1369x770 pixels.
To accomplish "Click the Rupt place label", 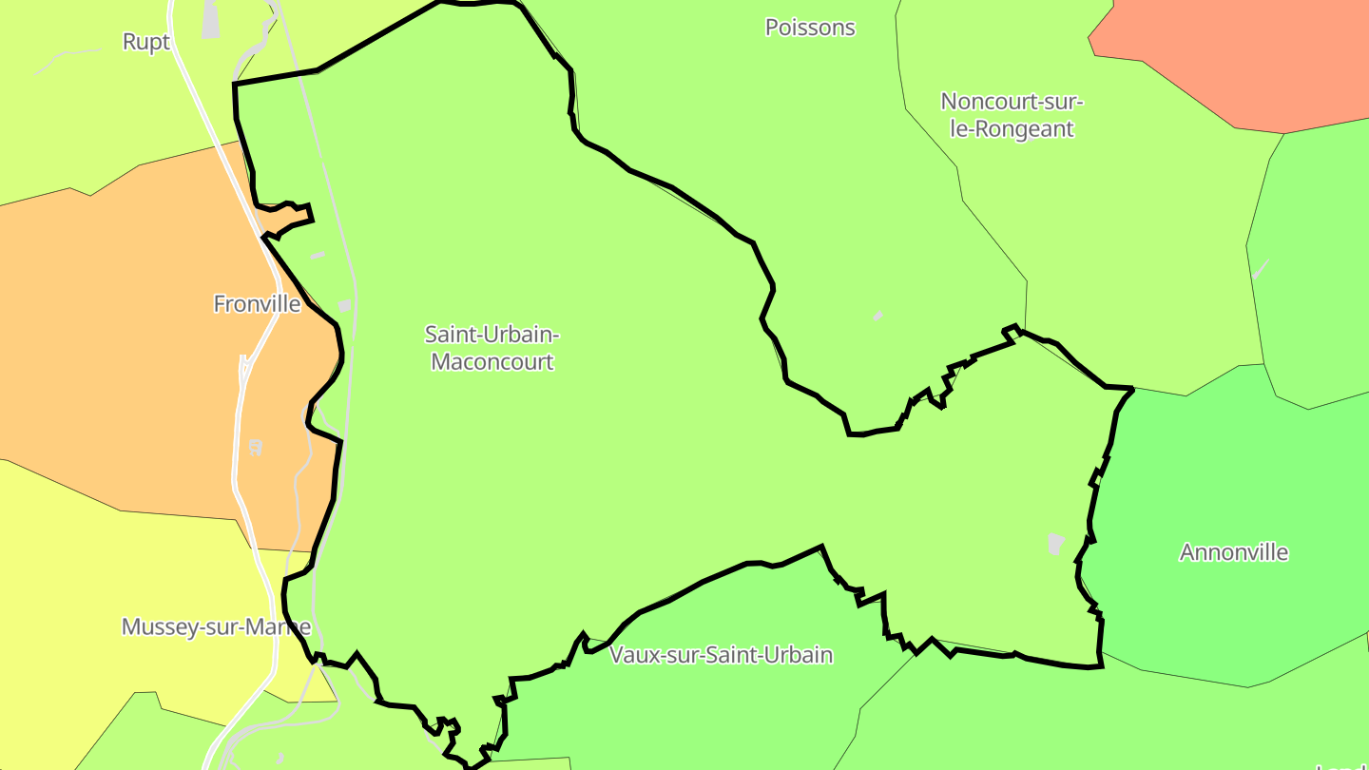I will coord(146,42).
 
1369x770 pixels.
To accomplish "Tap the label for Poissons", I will coord(810,28).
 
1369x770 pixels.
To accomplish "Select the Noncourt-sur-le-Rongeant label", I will coord(1012,115).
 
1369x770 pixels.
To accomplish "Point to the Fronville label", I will coord(257,304).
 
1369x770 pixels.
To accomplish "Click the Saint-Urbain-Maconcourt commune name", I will coord(492,348).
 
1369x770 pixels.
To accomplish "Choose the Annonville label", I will coord(1234,552).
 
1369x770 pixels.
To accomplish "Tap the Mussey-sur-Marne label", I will coord(216,627).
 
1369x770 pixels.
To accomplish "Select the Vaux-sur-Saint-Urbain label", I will coord(721,655).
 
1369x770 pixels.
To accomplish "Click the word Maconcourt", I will coord(492,362).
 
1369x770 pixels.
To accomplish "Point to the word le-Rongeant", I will coord(1012,129).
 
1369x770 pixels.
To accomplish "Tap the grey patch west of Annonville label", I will coord(1055,544).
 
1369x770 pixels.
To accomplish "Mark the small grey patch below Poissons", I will coord(877,316).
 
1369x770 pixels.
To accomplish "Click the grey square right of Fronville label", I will coord(344,305).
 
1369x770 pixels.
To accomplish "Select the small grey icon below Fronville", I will coord(255,447).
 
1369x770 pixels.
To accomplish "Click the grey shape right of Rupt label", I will coord(210,21).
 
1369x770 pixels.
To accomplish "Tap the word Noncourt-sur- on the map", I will coord(1012,101).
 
